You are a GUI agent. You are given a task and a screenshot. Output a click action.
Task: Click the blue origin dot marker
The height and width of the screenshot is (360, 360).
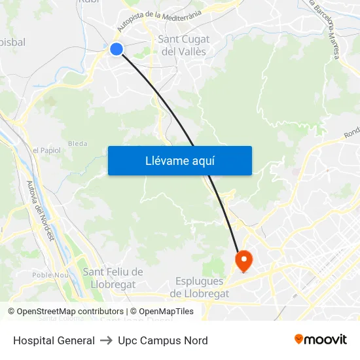pyautogui.click(x=117, y=49)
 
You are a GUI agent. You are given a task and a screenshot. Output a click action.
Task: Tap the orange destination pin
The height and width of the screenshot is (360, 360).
pyautogui.click(x=243, y=261)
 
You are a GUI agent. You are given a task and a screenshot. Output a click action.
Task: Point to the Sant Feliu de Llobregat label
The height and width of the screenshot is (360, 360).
pyautogui.click(x=113, y=278)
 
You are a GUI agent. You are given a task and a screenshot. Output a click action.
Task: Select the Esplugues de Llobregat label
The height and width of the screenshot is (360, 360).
pyautogui.click(x=200, y=287)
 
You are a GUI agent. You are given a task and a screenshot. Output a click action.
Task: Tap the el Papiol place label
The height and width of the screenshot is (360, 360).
pyautogui.click(x=46, y=150)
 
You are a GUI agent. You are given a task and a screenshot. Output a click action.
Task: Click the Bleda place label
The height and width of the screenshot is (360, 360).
pyautogui.click(x=77, y=143)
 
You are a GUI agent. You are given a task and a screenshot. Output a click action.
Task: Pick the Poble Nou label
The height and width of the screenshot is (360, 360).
pyautogui.click(x=50, y=275)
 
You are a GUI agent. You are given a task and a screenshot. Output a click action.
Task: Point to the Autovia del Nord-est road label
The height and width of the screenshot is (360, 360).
pyautogui.click(x=41, y=210)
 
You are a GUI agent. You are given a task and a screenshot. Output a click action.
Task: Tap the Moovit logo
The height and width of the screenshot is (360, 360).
pyautogui.click(x=320, y=340)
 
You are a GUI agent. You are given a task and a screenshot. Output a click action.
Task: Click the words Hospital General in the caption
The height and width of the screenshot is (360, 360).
pyautogui.click(x=54, y=340)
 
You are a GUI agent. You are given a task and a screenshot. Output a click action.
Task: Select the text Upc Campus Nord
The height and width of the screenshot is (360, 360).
pyautogui.click(x=163, y=340)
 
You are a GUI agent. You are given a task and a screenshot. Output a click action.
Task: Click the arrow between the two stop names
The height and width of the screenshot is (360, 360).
pyautogui.click(x=106, y=340)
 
